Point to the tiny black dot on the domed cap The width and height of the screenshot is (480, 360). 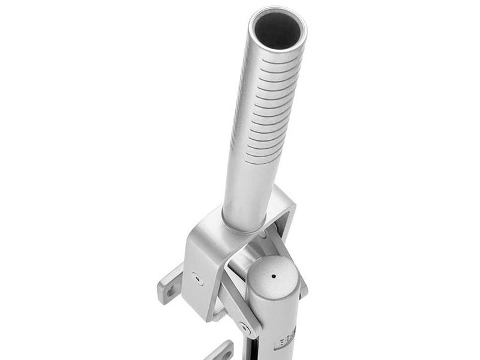point(274,277)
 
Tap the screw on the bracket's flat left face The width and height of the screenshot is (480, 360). point(197,278)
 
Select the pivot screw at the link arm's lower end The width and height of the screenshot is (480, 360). point(243,327)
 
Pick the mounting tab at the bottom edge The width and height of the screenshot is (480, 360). point(223,351)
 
